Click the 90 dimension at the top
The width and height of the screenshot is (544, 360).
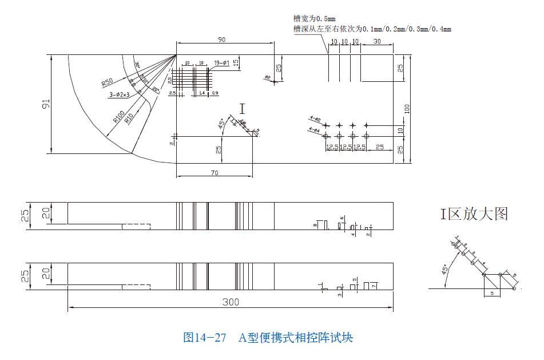222,39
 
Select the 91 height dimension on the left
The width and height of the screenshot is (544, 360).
46,104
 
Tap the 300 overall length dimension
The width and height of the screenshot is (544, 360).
231,302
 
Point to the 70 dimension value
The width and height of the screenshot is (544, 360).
214,172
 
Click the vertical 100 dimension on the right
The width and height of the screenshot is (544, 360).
407,109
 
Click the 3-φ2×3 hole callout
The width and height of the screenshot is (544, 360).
120,94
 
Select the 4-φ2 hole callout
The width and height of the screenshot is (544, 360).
315,119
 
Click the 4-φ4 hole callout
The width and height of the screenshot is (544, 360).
314,130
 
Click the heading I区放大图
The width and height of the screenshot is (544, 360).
473,214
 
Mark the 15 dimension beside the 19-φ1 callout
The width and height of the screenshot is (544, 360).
236,61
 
